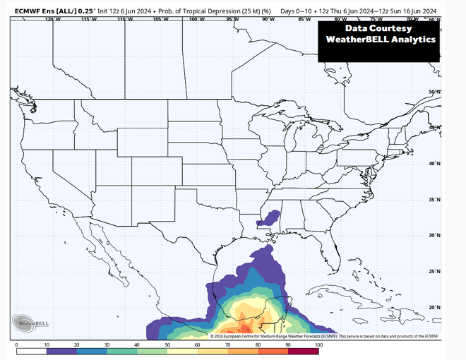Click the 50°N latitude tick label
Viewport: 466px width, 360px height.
[x=435, y=92]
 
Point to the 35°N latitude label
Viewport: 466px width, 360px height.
[x=435, y=200]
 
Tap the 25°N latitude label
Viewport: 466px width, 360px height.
[x=435, y=271]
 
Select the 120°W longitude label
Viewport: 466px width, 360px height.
[x=50, y=19]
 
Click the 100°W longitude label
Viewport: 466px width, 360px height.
[x=196, y=19]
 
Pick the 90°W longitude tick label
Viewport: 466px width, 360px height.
[x=269, y=19]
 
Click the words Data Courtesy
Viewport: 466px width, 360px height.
[x=378, y=28]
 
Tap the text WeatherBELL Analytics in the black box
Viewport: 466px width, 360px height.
[x=378, y=41]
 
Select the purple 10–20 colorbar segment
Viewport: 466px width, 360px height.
[x=61, y=351]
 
